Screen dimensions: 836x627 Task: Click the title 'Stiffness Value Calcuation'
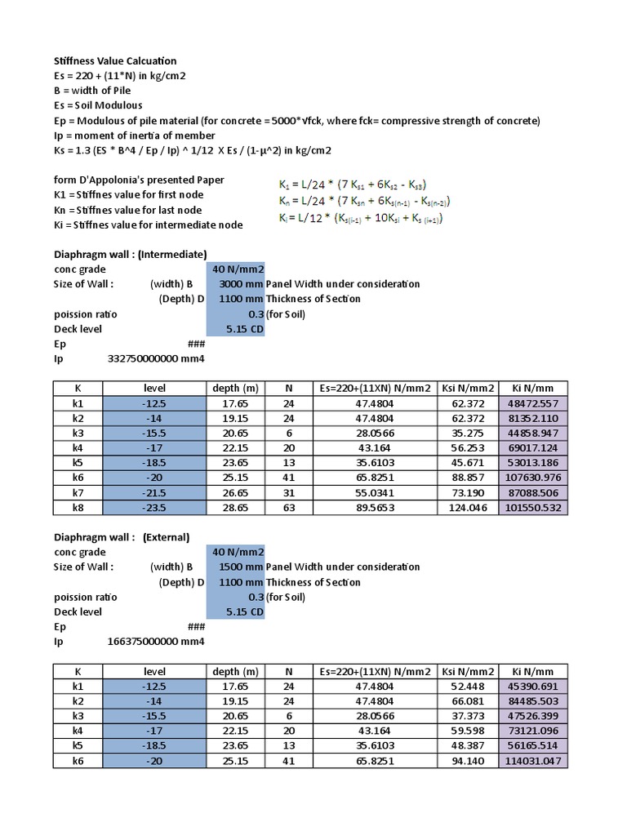coord(115,61)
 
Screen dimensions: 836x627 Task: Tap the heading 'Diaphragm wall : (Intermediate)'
coord(131,254)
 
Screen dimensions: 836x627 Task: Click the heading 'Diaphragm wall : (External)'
coord(122,537)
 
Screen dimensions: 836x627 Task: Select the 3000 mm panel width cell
coord(236,284)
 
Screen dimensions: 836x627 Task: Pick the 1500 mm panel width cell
coord(236,567)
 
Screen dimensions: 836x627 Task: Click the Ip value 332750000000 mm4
coord(155,359)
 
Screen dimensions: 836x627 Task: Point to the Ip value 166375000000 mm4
coord(155,642)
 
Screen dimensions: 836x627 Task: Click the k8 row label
coord(78,507)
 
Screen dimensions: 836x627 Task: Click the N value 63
coord(289,507)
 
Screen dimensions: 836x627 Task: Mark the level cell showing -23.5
coord(155,507)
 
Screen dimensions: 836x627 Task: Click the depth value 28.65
coord(236,507)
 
